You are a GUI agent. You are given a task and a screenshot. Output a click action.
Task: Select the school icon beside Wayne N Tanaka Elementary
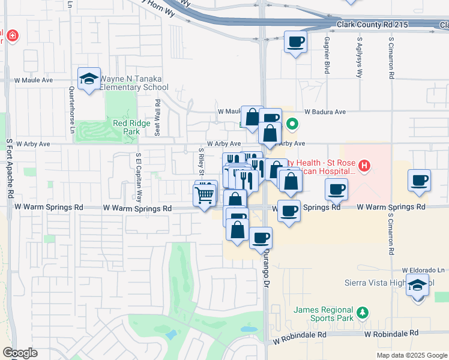point(89,79)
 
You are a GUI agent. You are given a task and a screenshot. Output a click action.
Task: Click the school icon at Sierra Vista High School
point(418,286)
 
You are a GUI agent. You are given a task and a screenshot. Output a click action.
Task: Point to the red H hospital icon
point(363,165)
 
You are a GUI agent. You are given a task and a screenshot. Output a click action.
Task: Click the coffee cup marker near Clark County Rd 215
point(294,42)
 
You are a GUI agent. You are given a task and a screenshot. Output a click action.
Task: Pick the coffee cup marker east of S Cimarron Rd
point(419,180)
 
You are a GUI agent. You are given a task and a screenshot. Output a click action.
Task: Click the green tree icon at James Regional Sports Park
point(362,312)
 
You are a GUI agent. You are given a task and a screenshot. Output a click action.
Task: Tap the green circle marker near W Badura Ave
point(292,125)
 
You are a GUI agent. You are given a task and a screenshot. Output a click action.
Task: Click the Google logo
point(20,352)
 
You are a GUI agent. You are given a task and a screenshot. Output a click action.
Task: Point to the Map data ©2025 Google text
point(411,355)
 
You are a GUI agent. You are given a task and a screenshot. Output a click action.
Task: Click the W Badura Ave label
point(325,112)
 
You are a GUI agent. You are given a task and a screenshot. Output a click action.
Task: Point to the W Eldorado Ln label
point(425,270)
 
